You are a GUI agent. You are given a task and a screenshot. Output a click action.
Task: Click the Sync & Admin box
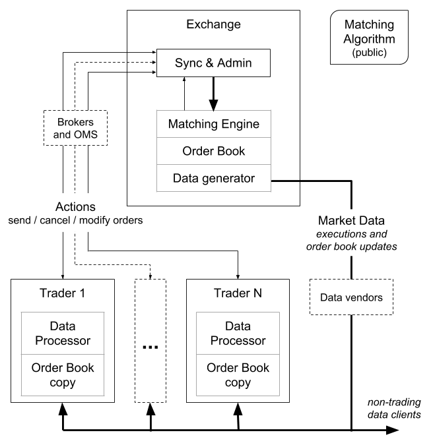pyautogui.click(x=213, y=63)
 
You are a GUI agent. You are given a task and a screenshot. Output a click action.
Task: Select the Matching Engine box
pyautogui.click(x=213, y=124)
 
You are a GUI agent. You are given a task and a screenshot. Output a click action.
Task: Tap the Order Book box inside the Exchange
pyautogui.click(x=213, y=151)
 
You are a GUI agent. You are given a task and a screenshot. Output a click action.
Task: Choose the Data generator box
pyautogui.click(x=213, y=178)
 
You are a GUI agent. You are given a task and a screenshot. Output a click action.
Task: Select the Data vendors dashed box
pyautogui.click(x=350, y=297)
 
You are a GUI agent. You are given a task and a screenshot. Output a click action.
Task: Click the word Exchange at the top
pyautogui.click(x=213, y=25)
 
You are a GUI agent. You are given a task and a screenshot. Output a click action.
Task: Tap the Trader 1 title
pyautogui.click(x=62, y=293)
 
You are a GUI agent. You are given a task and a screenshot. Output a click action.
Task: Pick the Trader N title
pyautogui.click(x=237, y=293)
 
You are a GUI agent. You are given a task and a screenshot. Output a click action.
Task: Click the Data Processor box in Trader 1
pyautogui.click(x=63, y=334)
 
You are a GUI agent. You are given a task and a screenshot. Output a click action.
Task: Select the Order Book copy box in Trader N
pyautogui.click(x=238, y=374)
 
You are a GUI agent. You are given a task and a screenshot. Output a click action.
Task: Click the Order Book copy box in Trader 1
pyautogui.click(x=63, y=374)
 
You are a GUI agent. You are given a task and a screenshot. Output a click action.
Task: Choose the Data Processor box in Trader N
pyautogui.click(x=238, y=334)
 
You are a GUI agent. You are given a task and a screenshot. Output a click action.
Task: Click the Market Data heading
pyautogui.click(x=350, y=220)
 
